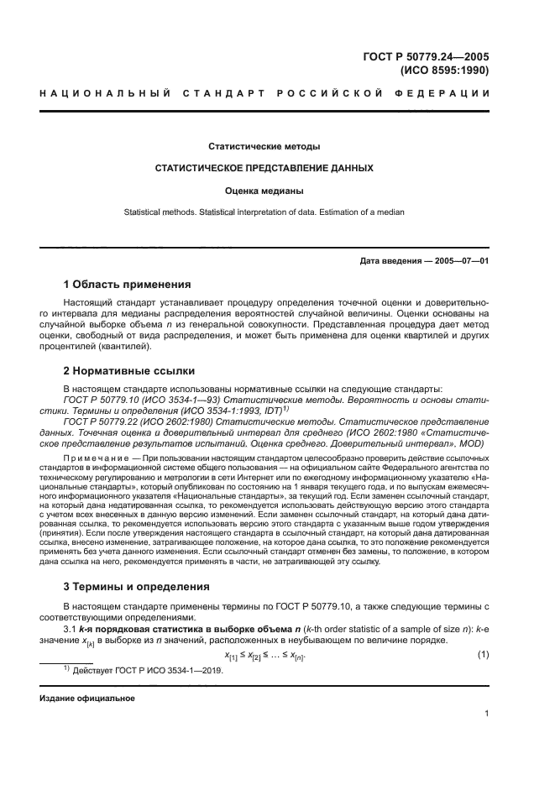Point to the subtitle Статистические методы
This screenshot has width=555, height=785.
(264, 147)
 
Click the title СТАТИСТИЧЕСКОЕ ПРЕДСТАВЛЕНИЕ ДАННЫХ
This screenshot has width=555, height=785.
(264, 168)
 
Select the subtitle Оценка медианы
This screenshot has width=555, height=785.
(264, 191)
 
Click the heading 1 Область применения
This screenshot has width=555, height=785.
(128, 284)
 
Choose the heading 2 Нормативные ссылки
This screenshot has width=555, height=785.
(130, 369)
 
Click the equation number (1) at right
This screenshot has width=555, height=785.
(483, 653)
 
